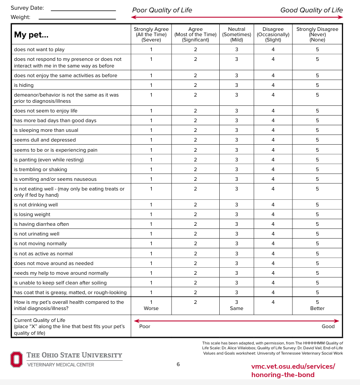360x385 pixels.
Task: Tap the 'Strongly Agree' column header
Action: pyautogui.click(x=151, y=34)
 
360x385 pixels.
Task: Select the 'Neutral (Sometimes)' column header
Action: pyautogui.click(x=236, y=34)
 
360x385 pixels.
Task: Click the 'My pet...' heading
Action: pyautogui.click(x=31, y=35)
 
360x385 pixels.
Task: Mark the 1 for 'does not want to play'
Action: pyautogui.click(x=151, y=49)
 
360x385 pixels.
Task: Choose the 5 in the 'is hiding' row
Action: pyautogui.click(x=317, y=85)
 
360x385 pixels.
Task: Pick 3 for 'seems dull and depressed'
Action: pyautogui.click(x=236, y=140)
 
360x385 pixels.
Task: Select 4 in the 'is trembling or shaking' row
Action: pyautogui.click(x=273, y=169)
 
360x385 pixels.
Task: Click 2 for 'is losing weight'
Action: pyautogui.click(x=195, y=214)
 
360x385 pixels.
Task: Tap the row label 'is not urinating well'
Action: pyautogui.click(x=37, y=234)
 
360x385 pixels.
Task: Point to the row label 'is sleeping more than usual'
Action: pyautogui.click(x=46, y=130)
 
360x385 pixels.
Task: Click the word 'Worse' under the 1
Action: pyautogui.click(x=151, y=308)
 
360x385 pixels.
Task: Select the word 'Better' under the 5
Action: pyautogui.click(x=317, y=308)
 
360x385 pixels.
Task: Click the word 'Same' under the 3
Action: pyautogui.click(x=236, y=308)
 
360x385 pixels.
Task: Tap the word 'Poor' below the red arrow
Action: pyautogui.click(x=145, y=326)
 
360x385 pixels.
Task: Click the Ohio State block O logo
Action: pyautogui.click(x=16, y=359)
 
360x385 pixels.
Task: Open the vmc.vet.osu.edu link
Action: pyautogui.click(x=293, y=370)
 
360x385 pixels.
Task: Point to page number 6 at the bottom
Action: pyautogui.click(x=178, y=364)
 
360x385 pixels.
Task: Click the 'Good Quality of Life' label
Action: pyautogui.click(x=311, y=10)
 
